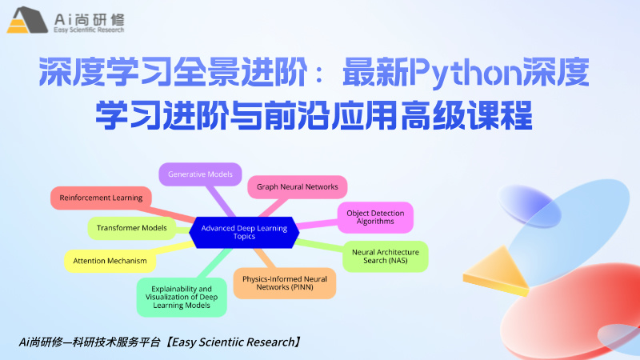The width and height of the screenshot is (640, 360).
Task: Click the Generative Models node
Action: pyautogui.click(x=199, y=174)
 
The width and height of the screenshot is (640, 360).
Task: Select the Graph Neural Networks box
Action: pyautogui.click(x=297, y=187)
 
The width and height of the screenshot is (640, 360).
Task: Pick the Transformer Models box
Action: pyautogui.click(x=131, y=229)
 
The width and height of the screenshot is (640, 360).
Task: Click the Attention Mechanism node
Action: pyautogui.click(x=110, y=261)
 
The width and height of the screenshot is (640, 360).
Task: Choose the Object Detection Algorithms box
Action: pyautogui.click(x=375, y=218)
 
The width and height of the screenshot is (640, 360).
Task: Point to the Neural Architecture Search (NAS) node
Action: pyautogui.click(x=385, y=256)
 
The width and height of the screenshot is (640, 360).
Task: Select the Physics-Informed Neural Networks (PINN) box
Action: pyautogui.click(x=284, y=282)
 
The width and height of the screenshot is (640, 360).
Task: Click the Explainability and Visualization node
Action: pyautogui.click(x=182, y=296)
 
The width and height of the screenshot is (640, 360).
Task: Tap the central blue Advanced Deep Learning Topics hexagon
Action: pyautogui.click(x=244, y=232)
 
